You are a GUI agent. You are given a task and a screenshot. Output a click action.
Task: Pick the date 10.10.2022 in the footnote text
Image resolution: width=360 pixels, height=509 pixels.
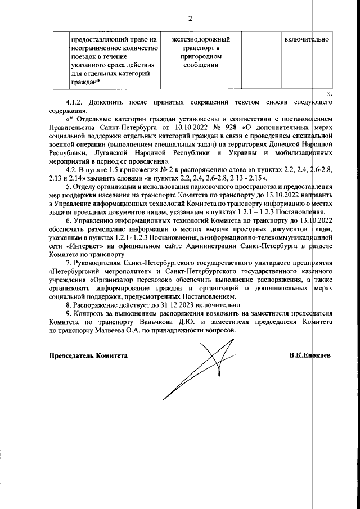coord(164,128)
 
